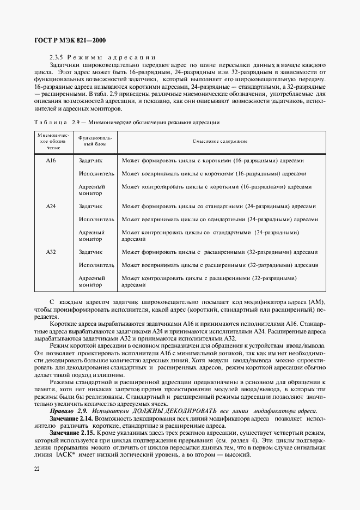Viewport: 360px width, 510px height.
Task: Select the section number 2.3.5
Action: (x=57, y=57)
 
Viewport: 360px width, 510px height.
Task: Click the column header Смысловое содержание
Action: (x=220, y=141)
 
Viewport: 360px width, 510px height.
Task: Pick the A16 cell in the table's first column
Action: (x=51, y=161)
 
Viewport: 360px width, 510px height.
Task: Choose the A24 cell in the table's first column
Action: (x=51, y=207)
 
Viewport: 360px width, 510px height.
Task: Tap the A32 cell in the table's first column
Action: (x=51, y=252)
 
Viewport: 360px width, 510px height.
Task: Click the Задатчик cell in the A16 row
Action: (x=90, y=161)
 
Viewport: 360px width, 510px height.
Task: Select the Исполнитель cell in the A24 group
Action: (x=96, y=220)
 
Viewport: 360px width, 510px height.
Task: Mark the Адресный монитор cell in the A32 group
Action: (x=91, y=281)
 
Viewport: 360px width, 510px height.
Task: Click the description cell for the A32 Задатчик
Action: (x=219, y=252)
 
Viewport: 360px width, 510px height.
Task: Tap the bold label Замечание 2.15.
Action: (x=72, y=432)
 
